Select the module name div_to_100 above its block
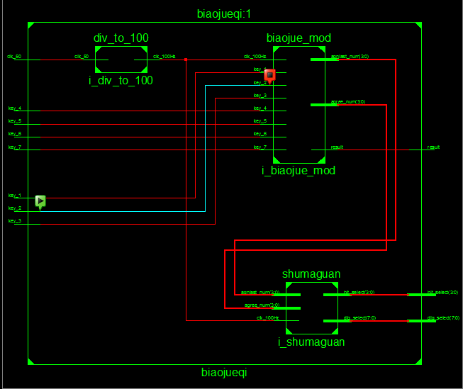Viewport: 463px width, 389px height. click(x=121, y=38)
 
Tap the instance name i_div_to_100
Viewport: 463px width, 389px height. click(x=121, y=81)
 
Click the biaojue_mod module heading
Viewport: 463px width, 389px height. click(x=299, y=38)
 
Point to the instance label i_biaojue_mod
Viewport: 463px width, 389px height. click(x=298, y=170)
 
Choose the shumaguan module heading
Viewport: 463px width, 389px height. click(x=311, y=274)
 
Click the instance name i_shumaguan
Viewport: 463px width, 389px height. click(x=311, y=342)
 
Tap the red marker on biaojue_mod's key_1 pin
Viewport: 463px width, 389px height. click(x=269, y=74)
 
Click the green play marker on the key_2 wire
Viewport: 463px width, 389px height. click(x=40, y=202)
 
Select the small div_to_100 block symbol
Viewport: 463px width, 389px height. click(x=121, y=60)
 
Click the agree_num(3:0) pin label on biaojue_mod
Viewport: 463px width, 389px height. click(x=347, y=102)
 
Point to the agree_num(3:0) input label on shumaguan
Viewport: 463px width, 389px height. click(x=262, y=305)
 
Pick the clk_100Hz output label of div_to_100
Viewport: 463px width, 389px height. click(x=164, y=56)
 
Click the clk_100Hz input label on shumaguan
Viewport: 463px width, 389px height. click(x=267, y=317)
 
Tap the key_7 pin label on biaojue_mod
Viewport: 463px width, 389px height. click(x=260, y=147)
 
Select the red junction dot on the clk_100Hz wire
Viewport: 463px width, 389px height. click(x=186, y=60)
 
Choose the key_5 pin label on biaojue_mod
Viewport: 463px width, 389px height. click(x=260, y=121)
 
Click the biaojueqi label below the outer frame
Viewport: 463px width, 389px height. click(x=224, y=371)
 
